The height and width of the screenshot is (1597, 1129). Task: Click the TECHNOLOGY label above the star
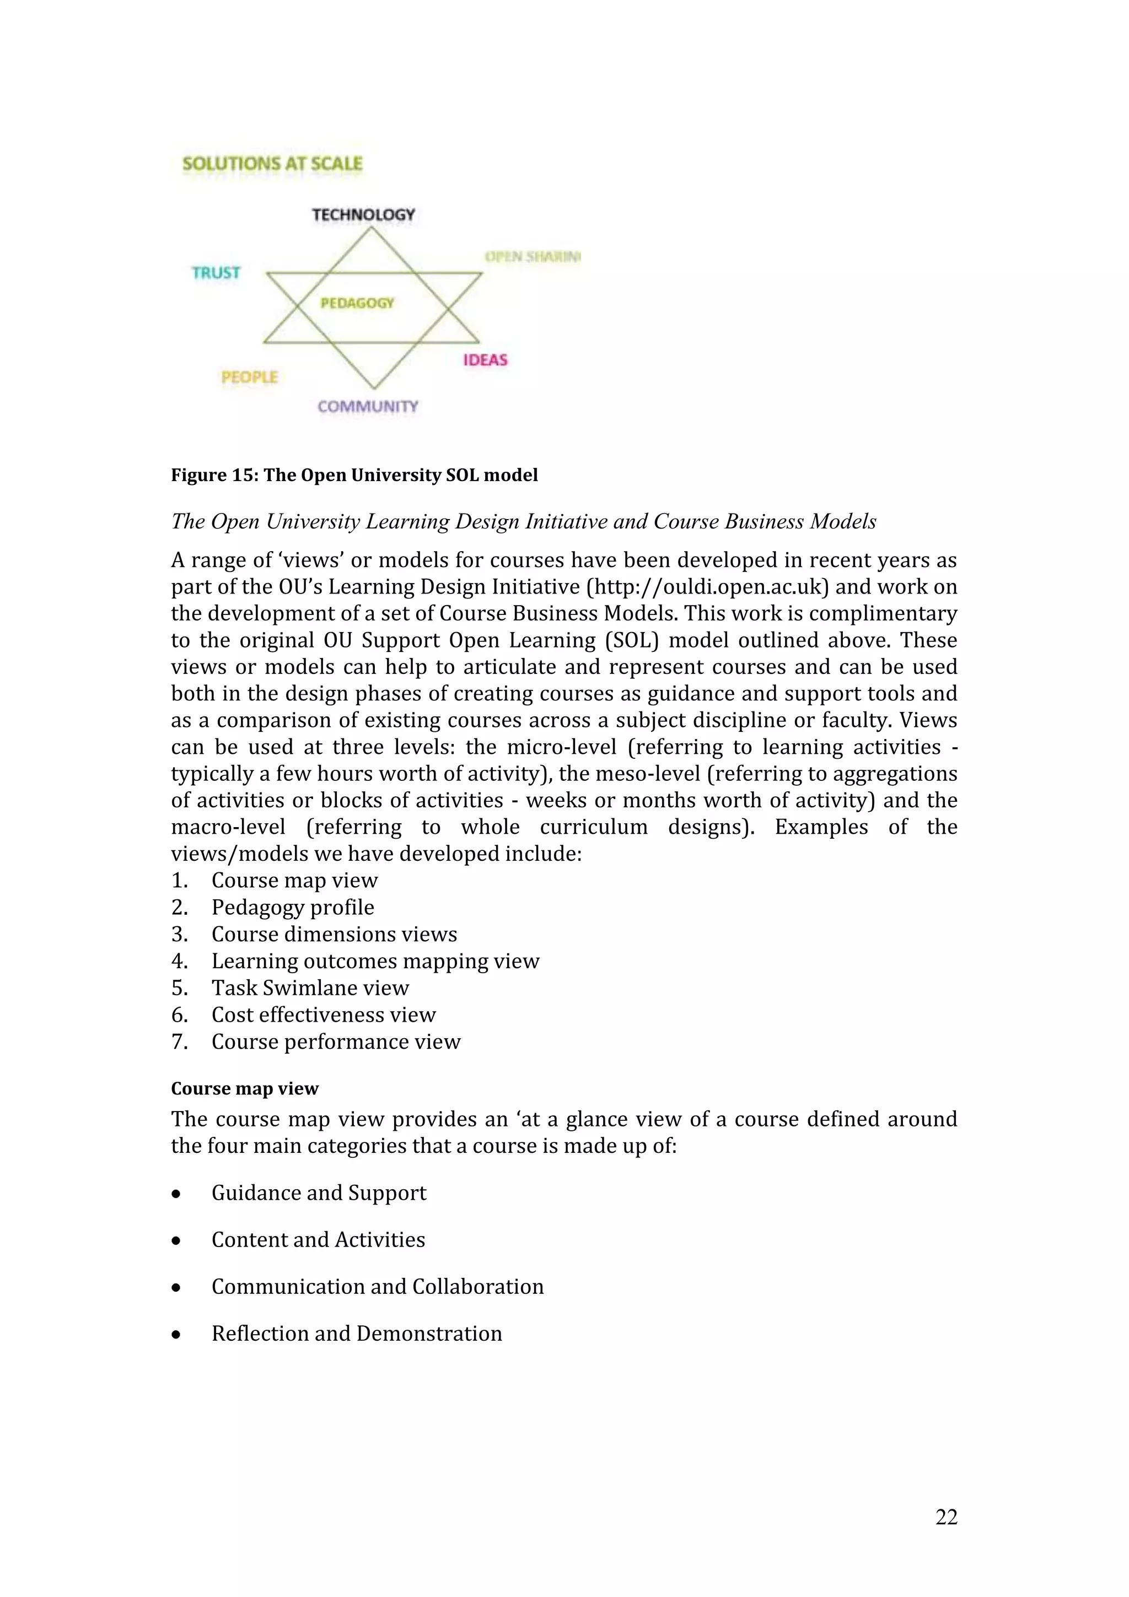(363, 214)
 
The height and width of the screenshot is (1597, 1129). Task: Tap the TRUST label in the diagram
(216, 273)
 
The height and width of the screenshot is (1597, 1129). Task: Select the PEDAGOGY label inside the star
(357, 303)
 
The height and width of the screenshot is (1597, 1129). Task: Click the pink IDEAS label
(485, 360)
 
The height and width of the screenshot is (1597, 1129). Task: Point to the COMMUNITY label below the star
(368, 406)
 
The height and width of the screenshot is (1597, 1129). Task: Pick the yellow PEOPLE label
(249, 377)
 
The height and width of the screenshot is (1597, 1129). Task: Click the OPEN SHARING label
(532, 257)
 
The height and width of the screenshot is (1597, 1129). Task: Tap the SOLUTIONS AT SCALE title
(272, 164)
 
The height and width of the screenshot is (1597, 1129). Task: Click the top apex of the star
(371, 229)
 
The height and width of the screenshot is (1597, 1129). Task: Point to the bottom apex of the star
(374, 387)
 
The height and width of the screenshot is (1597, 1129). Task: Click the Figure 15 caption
(354, 475)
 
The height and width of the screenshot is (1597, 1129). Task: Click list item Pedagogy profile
(292, 907)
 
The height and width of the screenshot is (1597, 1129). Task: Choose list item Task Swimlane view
(310, 988)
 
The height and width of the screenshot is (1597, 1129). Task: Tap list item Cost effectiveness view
(324, 1015)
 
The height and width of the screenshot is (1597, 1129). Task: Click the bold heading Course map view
(245, 1088)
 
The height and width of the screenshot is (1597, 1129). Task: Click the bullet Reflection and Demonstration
(356, 1334)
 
